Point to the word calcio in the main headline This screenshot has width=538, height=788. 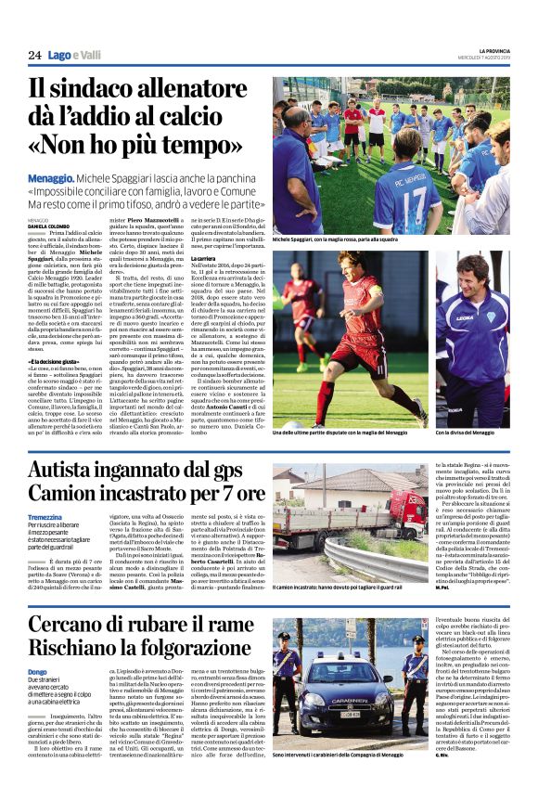pyautogui.click(x=215, y=121)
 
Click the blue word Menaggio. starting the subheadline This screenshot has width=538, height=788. pyautogui.click(x=52, y=177)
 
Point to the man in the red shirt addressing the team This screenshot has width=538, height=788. pyautogui.click(x=353, y=126)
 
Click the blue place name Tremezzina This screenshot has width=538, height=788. pyautogui.click(x=45, y=517)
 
